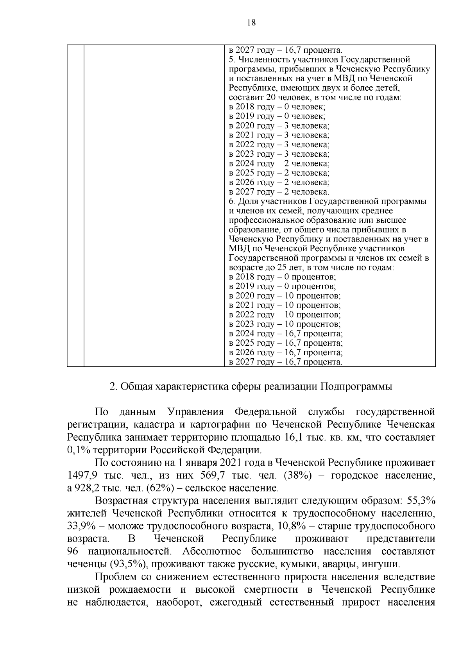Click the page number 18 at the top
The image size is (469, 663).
[x=251, y=23]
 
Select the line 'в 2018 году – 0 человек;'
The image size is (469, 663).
[x=277, y=107]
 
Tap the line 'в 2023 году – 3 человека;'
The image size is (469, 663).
[x=279, y=154]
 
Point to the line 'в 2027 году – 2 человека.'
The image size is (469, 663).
[x=279, y=192]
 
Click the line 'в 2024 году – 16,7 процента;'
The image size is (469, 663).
[x=286, y=334]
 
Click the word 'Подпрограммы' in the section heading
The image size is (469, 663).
[x=356, y=387]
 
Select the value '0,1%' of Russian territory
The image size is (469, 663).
[x=79, y=450]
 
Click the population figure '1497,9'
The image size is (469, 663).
[x=81, y=475]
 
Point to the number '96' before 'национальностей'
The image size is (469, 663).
[x=73, y=552]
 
